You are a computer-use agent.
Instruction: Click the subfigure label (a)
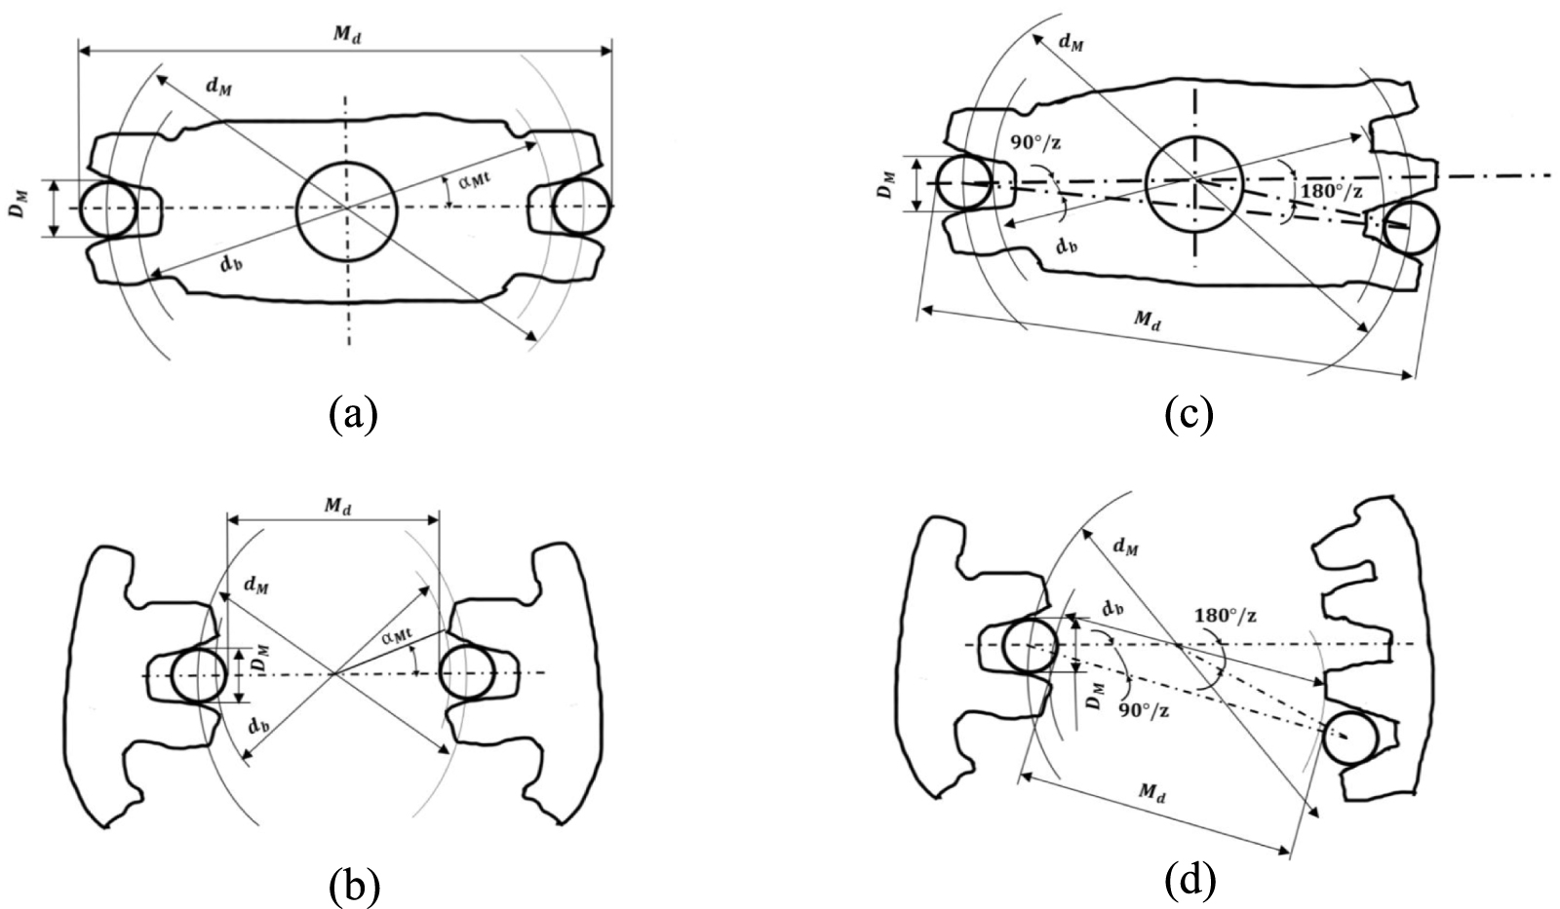(x=353, y=415)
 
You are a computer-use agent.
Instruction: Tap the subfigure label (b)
(x=354, y=882)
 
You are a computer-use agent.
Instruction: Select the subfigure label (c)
(x=1189, y=415)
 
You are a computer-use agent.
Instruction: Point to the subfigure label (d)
(x=1190, y=882)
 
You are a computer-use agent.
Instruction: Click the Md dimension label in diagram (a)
(x=345, y=34)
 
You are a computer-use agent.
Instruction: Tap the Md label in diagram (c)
(x=1147, y=320)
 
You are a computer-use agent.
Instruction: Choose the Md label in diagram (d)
(x=1151, y=793)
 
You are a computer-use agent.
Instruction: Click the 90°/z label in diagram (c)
(x=1034, y=141)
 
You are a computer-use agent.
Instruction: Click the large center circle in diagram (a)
(x=346, y=211)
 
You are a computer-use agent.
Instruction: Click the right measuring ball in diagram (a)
(x=582, y=207)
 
